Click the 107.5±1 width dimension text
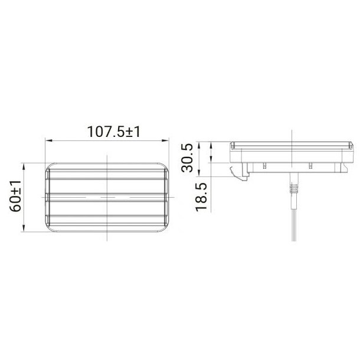(x=113, y=132)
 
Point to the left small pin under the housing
(x=266, y=166)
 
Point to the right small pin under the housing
(x=308, y=166)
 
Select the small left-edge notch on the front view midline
(x=46, y=197)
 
